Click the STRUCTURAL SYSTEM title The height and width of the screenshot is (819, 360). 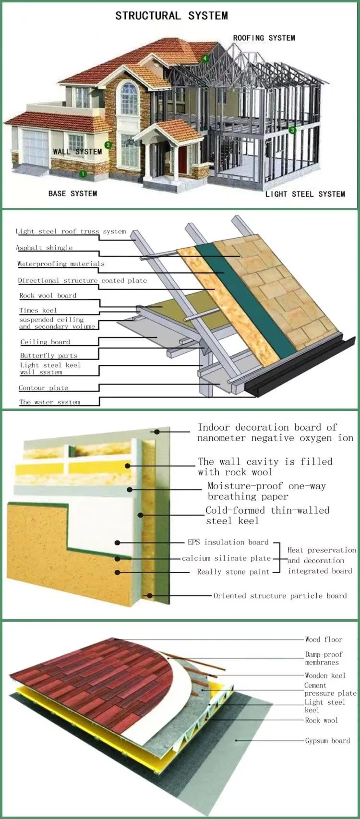point(171,16)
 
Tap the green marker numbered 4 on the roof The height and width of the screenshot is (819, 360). point(205,59)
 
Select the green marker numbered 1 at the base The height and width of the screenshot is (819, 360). point(83,174)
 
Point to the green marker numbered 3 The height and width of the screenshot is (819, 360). point(292,130)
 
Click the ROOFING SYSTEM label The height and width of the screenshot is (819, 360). point(264,38)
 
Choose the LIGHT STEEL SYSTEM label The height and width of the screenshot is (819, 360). point(305,194)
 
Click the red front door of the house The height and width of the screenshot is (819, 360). point(183,160)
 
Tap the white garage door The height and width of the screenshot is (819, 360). point(36,147)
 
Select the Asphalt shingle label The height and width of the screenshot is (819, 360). point(44,248)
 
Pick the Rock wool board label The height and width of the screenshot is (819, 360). point(48,296)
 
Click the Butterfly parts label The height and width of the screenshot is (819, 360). point(48,356)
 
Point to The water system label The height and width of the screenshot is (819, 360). point(49,402)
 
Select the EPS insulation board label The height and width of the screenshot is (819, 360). point(228,542)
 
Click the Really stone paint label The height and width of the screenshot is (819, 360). point(233,572)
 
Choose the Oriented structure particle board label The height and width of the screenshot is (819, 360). point(280,596)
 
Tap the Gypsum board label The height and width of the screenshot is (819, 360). point(327,741)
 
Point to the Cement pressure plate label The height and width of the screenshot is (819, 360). point(330,689)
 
